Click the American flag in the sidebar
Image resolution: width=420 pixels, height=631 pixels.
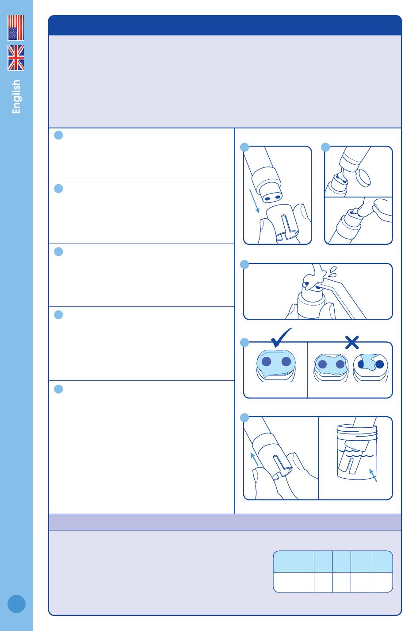(16, 27)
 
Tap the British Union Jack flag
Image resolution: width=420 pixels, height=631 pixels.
(16, 58)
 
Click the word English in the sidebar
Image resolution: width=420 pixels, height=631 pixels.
(16, 97)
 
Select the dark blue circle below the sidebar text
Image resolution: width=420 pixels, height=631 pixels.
(16, 604)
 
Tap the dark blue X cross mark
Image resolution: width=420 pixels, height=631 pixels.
(351, 342)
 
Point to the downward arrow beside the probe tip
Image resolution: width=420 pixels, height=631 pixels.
(254, 201)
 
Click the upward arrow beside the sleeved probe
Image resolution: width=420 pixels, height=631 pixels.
(254, 459)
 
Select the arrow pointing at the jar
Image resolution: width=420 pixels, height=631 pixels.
(373, 475)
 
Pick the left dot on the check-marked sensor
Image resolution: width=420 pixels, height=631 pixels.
(266, 361)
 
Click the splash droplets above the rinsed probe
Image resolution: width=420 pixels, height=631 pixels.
(332, 271)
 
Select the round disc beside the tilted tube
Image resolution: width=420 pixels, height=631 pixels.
(363, 178)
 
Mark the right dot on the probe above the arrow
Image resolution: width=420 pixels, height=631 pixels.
(278, 197)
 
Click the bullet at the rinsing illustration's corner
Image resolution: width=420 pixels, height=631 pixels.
(244, 264)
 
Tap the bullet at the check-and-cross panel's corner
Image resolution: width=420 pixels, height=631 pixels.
(244, 343)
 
